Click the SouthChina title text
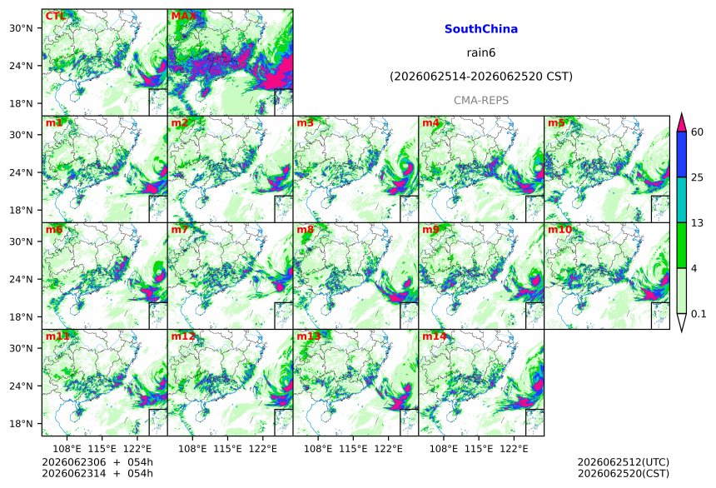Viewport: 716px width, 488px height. point(481,29)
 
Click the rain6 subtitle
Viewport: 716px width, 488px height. point(481,52)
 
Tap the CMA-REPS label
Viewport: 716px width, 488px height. point(481,101)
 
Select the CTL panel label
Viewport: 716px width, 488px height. point(56,17)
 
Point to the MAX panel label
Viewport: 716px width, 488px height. point(183,17)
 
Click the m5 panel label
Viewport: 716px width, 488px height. point(556,123)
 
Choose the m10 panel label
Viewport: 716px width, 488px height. point(559,230)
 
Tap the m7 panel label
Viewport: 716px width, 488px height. point(180,230)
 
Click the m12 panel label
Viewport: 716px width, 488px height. point(183,336)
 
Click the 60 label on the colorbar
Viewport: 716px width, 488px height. point(698,132)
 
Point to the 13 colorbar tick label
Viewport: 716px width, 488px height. point(698,223)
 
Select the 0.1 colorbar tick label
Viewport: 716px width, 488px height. point(699,314)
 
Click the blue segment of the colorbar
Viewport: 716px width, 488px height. point(681,154)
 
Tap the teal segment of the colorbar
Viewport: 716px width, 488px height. point(681,200)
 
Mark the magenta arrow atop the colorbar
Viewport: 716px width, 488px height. point(681,123)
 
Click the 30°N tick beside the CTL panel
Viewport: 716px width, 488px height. point(21,28)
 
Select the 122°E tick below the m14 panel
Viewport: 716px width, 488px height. point(515,449)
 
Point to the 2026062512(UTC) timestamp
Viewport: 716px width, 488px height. point(624,462)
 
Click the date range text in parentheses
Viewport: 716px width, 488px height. point(481,77)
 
